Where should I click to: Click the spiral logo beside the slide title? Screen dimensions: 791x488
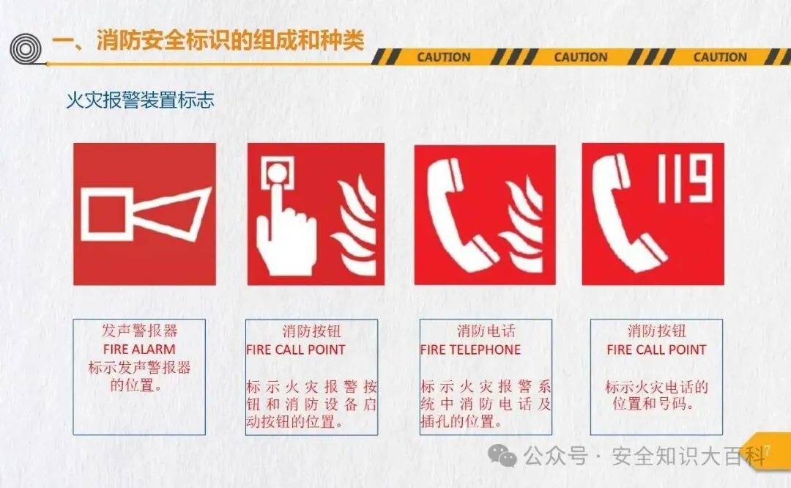point(26,49)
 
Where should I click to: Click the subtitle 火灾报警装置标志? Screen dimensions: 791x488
point(140,100)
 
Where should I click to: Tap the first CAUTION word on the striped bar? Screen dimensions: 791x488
point(444,57)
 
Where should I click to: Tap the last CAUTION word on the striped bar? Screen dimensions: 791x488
point(720,57)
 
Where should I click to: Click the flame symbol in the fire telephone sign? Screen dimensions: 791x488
point(522,224)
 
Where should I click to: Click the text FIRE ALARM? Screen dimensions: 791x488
point(139,350)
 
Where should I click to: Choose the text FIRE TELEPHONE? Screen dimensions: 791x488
point(470,350)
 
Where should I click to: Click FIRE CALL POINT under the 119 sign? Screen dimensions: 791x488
point(656,350)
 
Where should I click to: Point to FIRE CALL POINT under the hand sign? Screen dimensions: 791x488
point(296,350)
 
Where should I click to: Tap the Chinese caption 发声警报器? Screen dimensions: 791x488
point(140,331)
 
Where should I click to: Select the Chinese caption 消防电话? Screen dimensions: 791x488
point(486,331)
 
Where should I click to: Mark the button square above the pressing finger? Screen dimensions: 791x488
point(277,173)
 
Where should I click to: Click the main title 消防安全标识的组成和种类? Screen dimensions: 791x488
point(230,40)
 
